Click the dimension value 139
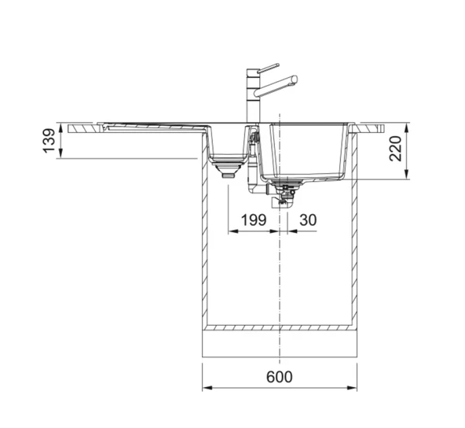[x=49, y=141]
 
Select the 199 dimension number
[x=253, y=220]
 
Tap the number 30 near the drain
[x=308, y=220]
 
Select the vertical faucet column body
[x=253, y=98]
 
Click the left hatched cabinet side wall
[x=205, y=236]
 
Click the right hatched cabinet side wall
[x=356, y=236]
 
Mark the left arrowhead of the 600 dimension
[x=206, y=388]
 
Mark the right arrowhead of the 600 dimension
[x=355, y=388]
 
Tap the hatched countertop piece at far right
[x=369, y=126]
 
